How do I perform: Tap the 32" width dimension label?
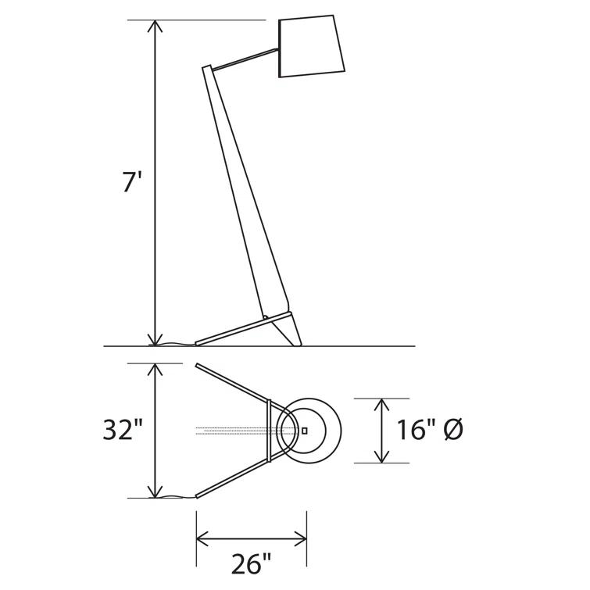point(122,429)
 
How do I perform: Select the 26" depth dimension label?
point(252,563)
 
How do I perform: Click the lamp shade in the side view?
point(312,46)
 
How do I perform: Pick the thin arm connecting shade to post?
point(245,59)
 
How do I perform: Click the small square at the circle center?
point(305,431)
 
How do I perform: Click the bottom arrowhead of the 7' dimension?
point(155,340)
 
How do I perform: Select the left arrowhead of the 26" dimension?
point(202,539)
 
